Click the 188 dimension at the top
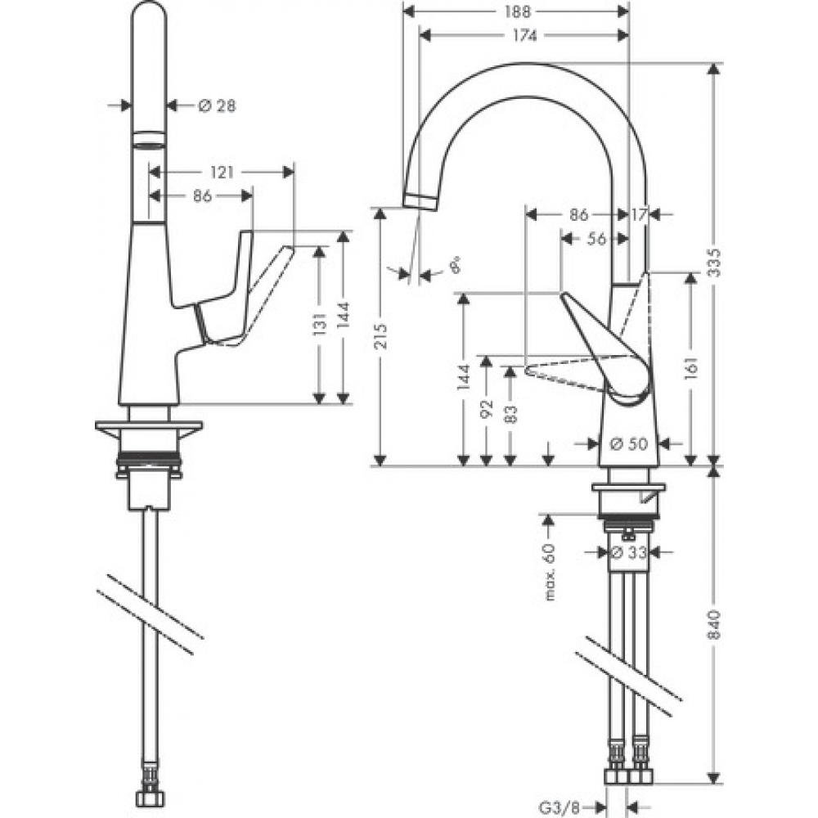point(518,11)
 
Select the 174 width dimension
point(524,35)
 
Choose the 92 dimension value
point(487,408)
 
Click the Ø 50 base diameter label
point(628,443)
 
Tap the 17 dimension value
point(639,214)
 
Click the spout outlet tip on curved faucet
point(419,200)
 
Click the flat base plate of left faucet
point(148,428)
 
